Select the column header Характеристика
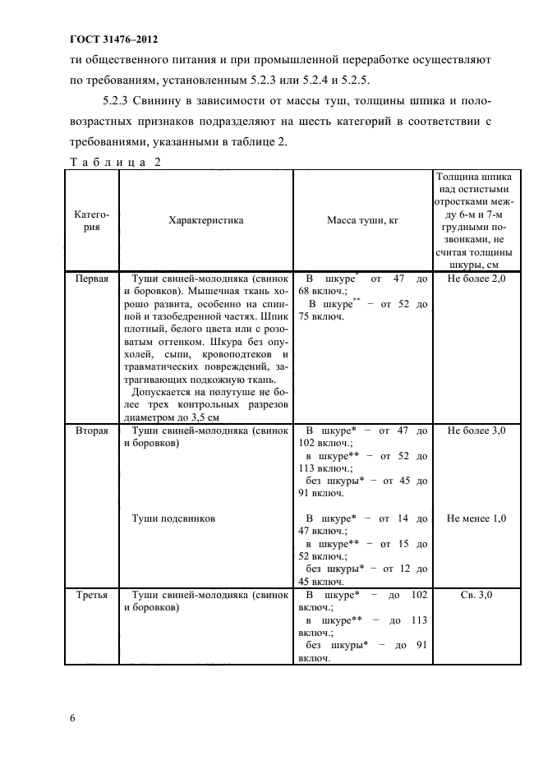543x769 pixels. click(205, 221)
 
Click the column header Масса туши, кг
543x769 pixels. click(362, 221)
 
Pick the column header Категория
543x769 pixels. click(91, 221)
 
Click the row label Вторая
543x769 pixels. click(91, 431)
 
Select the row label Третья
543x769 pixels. click(91, 593)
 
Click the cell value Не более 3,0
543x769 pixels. click(476, 431)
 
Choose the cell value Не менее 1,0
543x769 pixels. click(476, 518)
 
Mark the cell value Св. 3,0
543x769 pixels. click(476, 593)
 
